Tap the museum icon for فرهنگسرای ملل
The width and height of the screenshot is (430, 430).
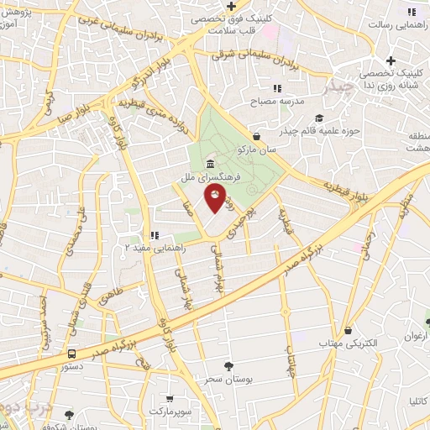click(207, 164)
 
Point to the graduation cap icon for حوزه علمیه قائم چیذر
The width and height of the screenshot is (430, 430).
click(318, 118)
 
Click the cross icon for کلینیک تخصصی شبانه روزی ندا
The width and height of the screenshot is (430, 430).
click(391, 60)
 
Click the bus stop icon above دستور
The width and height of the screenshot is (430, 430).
click(72, 354)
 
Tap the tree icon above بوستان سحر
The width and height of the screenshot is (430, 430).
click(228, 365)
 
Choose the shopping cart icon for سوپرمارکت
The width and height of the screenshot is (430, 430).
click(170, 399)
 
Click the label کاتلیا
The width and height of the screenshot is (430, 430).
click(415, 402)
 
